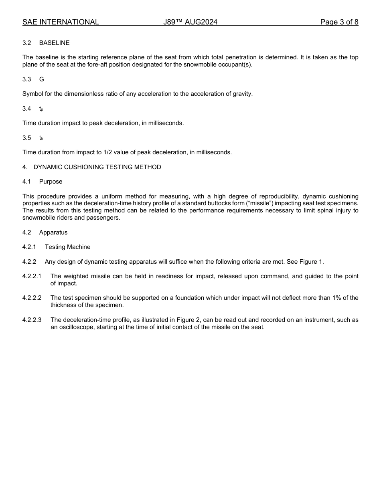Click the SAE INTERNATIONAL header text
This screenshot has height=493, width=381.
pyautogui.click(x=61, y=22)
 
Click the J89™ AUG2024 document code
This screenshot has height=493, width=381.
pyautogui.click(x=190, y=22)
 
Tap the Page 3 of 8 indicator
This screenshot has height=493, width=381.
pyautogui.click(x=339, y=22)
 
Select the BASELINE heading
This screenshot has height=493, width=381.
pyautogui.click(x=54, y=43)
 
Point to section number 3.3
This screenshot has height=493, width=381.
pyautogui.click(x=26, y=79)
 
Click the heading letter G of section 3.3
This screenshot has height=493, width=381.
pyautogui.click(x=42, y=79)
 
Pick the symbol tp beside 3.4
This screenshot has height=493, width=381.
pyautogui.click(x=41, y=109)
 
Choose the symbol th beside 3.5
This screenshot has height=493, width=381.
pyautogui.click(x=41, y=138)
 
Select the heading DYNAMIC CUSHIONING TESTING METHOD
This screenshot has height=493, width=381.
pyautogui.click(x=97, y=167)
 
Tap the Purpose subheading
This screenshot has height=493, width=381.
pyautogui.click(x=51, y=182)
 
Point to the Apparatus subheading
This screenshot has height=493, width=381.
pyautogui.click(x=53, y=232)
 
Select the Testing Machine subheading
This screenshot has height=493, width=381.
pyautogui.click(x=67, y=247)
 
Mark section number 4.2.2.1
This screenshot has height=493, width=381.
pyautogui.click(x=32, y=276)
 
